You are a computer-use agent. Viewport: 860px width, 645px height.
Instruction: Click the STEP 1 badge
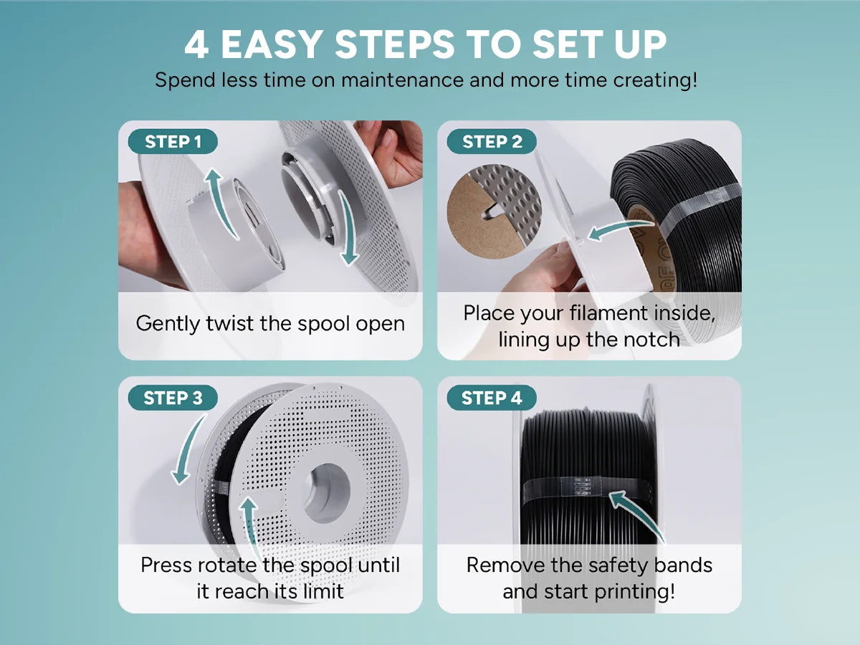click(x=173, y=141)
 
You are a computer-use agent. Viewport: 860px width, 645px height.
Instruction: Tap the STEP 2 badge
click(x=492, y=141)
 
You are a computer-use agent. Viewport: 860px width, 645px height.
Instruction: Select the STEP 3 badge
click(x=173, y=398)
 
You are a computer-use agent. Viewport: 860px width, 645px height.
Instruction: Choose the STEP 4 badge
click(x=492, y=398)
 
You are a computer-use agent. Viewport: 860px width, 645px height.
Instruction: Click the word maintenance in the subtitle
click(x=402, y=80)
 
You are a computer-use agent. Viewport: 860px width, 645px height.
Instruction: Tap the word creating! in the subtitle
click(x=655, y=80)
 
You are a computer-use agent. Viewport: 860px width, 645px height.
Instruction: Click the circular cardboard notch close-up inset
click(x=494, y=211)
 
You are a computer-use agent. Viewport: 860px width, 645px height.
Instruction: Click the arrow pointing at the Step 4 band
click(x=636, y=516)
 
